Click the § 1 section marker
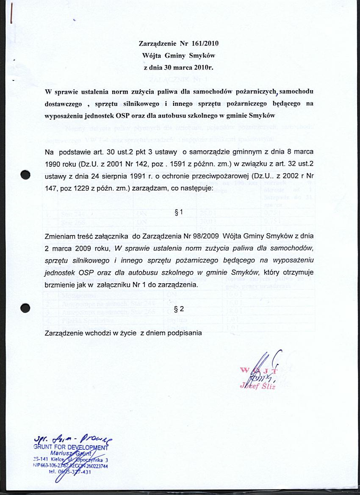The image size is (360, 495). (x=179, y=213)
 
